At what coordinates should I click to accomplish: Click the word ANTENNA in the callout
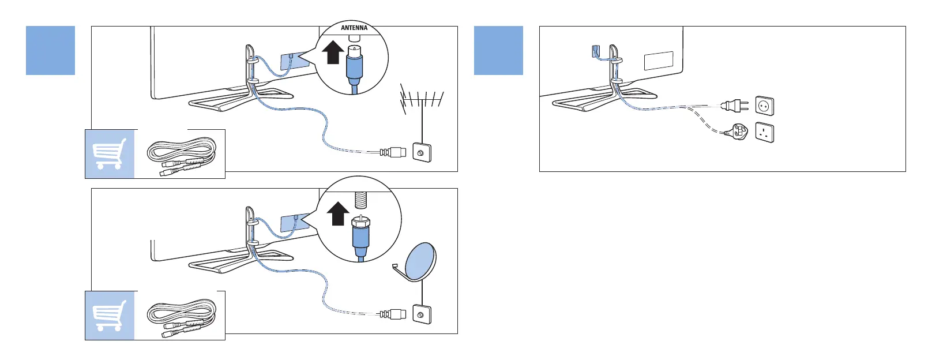(x=354, y=28)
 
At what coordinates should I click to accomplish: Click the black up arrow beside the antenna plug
(x=332, y=53)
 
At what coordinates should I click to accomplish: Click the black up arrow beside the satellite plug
(x=338, y=214)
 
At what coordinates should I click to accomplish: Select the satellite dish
(x=421, y=261)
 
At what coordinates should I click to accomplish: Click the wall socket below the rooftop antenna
(x=422, y=153)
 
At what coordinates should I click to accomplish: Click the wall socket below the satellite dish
(x=422, y=314)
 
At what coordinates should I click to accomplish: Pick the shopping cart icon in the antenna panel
(x=110, y=154)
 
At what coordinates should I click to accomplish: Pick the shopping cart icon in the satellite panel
(x=110, y=316)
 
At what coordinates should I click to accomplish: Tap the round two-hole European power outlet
(x=764, y=106)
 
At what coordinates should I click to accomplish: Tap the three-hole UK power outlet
(x=764, y=133)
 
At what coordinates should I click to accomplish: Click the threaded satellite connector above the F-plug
(x=362, y=200)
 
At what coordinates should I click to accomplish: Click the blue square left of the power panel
(x=498, y=50)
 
